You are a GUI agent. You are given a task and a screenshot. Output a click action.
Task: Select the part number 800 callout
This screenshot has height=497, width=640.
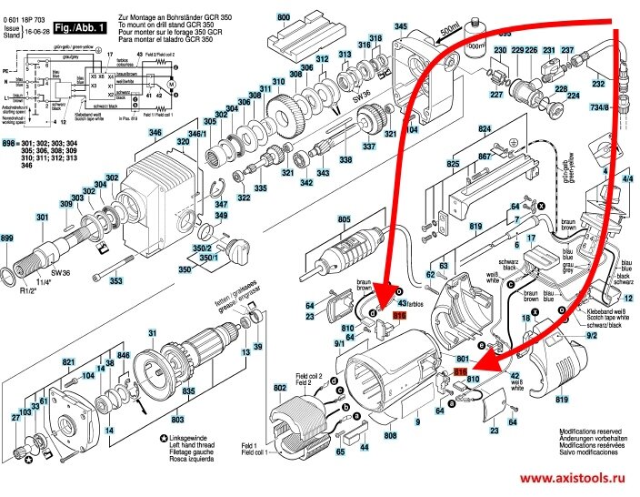284,17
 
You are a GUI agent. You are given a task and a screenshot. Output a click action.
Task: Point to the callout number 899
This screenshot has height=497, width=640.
8,238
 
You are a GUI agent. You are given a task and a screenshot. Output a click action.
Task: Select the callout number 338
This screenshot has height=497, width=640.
345,159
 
